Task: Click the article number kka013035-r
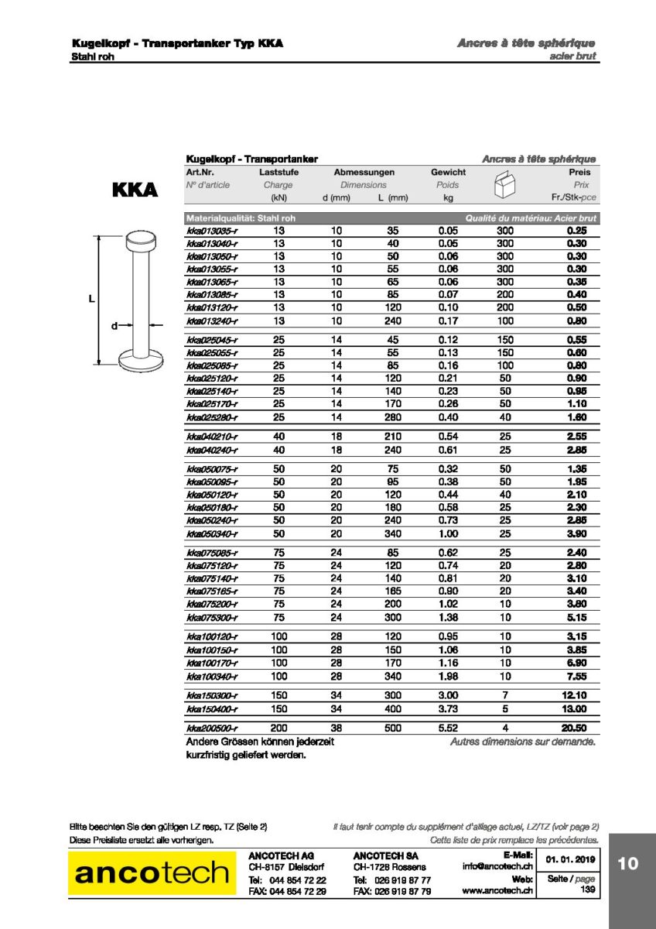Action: pos(211,231)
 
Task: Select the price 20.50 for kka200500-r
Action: pos(576,728)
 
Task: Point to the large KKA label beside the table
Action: pos(135,190)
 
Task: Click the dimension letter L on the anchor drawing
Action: pos(91,298)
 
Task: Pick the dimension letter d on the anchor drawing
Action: pos(114,326)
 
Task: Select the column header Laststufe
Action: pos(278,172)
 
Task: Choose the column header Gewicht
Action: pos(448,172)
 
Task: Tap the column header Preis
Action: pos(579,172)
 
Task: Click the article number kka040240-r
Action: pos(211,450)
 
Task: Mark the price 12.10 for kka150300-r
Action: pos(576,696)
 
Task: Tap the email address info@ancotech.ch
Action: pos(498,866)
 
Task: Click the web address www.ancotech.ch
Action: pos(498,891)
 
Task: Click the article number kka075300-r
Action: pos(211,617)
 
